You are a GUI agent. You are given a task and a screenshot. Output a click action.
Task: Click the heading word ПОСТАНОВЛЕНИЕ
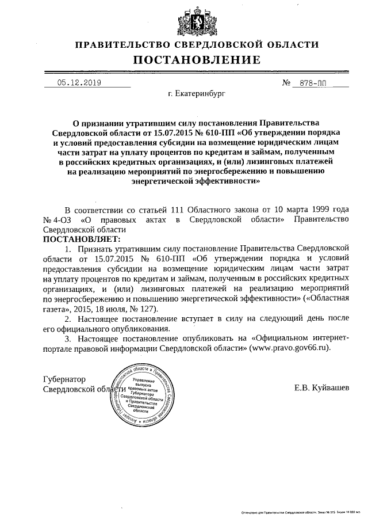[x=197, y=59]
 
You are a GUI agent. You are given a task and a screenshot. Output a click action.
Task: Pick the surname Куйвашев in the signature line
[x=331, y=388]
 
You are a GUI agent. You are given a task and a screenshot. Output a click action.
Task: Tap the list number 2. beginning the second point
[x=68, y=319]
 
